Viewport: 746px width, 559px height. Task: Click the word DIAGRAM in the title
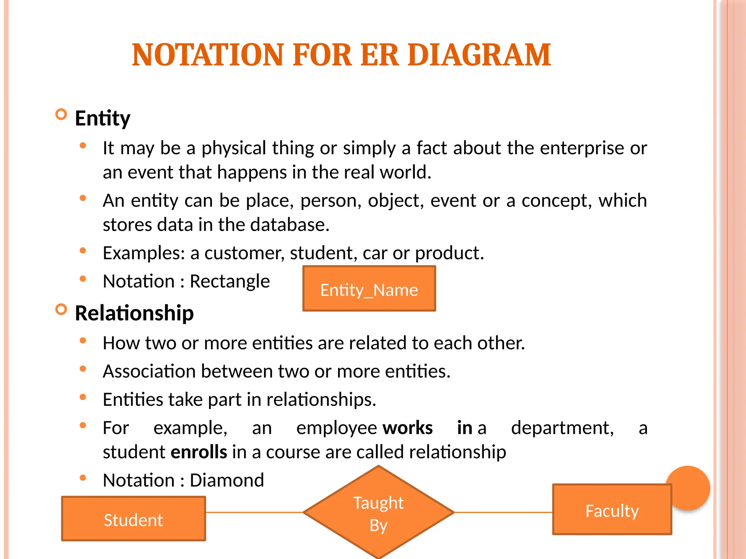coord(479,55)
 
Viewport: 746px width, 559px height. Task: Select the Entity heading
coord(102,118)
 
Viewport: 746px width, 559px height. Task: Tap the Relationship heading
coord(134,313)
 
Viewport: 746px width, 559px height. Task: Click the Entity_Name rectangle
coord(369,289)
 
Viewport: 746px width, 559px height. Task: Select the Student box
coord(133,519)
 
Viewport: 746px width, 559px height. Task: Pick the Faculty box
coord(612,510)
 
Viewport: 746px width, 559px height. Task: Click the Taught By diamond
coord(378,513)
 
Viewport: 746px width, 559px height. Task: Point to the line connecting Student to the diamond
coord(254,512)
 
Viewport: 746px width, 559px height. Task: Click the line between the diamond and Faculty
coord(503,512)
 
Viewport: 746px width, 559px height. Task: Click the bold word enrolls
coord(199,452)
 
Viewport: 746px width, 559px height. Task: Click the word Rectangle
coord(230,281)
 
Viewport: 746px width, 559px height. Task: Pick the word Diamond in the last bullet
coord(227,480)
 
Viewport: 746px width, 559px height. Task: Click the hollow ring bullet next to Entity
coord(61,115)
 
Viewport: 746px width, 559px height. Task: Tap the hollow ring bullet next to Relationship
coord(61,310)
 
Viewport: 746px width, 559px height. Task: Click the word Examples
coord(144,253)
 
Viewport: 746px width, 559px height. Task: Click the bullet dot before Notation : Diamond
coord(83,478)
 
